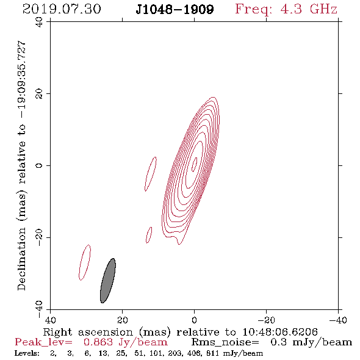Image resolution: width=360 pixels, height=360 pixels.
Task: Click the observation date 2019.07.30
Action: tap(62, 9)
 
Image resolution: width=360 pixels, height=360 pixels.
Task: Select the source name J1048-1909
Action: tap(175, 9)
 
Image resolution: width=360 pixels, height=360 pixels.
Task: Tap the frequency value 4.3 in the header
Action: tap(291, 9)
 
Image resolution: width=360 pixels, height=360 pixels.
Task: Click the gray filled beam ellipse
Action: tap(108, 281)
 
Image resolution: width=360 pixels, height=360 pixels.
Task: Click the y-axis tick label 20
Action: tap(39, 94)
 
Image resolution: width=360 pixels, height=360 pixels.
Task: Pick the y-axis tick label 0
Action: tap(39, 165)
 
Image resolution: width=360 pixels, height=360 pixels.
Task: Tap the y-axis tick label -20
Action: tap(39, 237)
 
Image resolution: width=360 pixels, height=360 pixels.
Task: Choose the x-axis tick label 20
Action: tap(122, 320)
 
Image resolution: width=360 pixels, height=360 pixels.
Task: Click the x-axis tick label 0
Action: tap(194, 320)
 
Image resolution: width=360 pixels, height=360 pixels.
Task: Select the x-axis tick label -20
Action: tap(266, 320)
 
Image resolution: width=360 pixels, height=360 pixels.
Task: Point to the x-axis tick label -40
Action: tap(338, 320)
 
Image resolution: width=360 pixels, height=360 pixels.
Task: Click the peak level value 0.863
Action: tap(98, 342)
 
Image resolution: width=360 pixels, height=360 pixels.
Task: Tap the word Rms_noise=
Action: tap(225, 342)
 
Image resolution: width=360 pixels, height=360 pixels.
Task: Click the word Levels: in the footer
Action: tap(27, 353)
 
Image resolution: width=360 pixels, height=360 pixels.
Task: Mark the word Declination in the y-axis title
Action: tap(21, 259)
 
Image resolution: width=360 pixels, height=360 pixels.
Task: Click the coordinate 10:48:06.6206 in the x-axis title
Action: tap(280, 332)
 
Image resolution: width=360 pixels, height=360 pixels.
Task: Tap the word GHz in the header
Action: tap(323, 9)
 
